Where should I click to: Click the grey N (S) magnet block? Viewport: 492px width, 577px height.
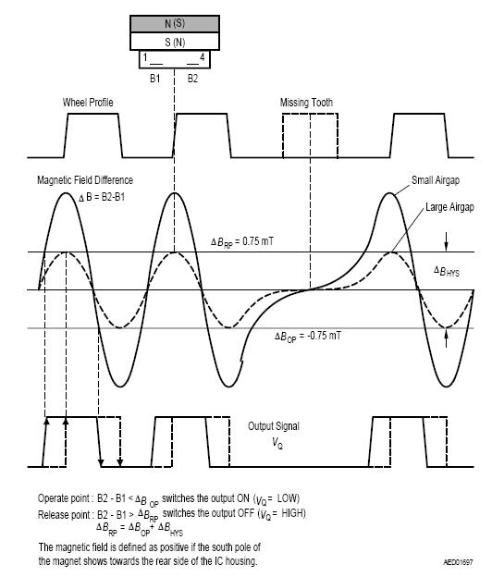[175, 23]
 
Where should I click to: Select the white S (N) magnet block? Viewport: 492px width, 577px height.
[175, 42]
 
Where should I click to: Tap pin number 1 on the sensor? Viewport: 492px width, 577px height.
[145, 57]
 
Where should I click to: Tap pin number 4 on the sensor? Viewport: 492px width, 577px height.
[202, 57]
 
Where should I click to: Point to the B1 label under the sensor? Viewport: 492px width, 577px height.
[155, 79]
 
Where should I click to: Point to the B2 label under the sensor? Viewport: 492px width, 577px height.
[193, 79]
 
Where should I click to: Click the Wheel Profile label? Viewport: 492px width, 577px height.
[88, 103]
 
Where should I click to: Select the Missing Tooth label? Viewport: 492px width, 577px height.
[306, 103]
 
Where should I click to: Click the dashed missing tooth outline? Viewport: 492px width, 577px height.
[283, 135]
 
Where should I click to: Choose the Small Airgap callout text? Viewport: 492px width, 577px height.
[436, 180]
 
